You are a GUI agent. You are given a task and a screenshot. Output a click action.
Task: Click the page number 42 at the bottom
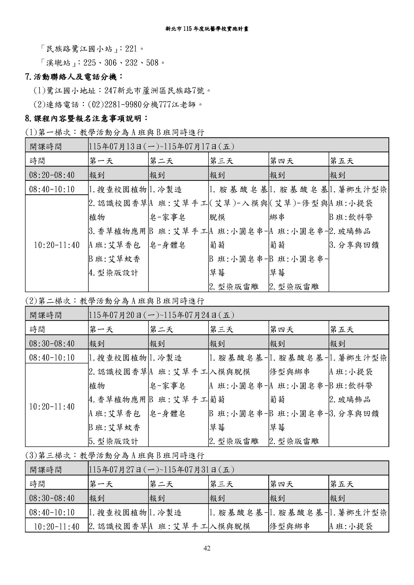(x=207, y=548)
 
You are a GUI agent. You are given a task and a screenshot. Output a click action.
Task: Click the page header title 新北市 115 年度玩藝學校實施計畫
(x=207, y=29)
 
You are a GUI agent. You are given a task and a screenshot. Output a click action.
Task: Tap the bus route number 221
(x=131, y=49)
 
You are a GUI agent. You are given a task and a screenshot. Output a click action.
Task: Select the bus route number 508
(x=152, y=63)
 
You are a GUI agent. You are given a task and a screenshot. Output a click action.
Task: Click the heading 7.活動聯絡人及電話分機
(x=74, y=77)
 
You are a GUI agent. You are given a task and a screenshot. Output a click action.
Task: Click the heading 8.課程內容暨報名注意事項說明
(x=86, y=119)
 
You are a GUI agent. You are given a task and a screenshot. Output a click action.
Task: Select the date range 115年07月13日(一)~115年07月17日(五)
(x=161, y=147)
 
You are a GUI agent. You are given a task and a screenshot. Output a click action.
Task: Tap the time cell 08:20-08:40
(x=52, y=175)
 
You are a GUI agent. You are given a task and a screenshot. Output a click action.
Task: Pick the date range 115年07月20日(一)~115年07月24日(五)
(x=161, y=315)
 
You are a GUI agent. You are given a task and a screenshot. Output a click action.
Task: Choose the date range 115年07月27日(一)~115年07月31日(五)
(x=161, y=470)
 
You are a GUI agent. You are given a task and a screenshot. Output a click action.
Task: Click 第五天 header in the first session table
(x=342, y=161)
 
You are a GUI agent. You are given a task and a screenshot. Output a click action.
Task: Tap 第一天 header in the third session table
(x=101, y=484)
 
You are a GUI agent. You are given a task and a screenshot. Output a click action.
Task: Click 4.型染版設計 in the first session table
(x=113, y=273)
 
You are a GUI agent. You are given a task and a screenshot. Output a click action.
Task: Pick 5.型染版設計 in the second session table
(x=113, y=441)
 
